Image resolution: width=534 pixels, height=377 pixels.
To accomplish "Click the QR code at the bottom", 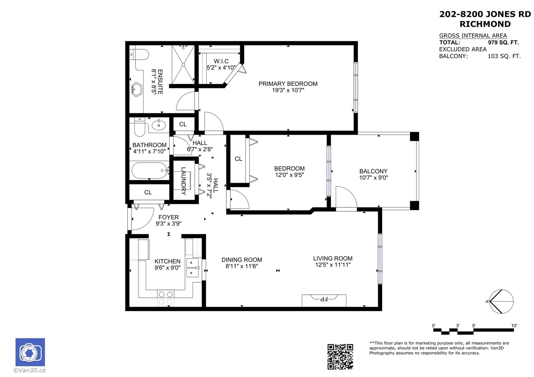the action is (x=340, y=357).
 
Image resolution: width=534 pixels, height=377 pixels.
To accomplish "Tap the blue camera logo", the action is (x=30, y=352).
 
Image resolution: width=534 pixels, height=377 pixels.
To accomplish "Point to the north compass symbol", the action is (x=501, y=302).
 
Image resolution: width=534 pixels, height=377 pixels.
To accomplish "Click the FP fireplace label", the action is (x=324, y=299).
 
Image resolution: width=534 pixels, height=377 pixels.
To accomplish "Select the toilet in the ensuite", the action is (x=139, y=55).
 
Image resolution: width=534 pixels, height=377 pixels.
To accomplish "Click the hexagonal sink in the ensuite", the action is (x=137, y=90).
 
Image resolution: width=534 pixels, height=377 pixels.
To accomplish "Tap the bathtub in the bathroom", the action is (x=150, y=170).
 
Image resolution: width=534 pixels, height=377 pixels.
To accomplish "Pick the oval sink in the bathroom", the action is (x=159, y=124).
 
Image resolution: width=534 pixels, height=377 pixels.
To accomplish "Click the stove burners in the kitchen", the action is (x=166, y=298).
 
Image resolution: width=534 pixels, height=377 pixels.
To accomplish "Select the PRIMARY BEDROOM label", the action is (x=288, y=84).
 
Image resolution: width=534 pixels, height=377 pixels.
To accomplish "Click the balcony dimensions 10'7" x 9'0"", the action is (x=373, y=177).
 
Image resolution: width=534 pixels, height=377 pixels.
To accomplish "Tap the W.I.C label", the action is (x=221, y=61).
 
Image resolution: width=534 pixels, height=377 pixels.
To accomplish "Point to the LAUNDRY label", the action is (x=183, y=181).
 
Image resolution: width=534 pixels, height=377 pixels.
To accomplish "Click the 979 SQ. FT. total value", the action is (x=503, y=42).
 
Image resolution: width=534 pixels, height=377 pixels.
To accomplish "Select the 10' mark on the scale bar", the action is (x=514, y=326).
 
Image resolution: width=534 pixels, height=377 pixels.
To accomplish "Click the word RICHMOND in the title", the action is (x=485, y=24).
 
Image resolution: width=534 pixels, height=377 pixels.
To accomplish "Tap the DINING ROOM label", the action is (x=242, y=260).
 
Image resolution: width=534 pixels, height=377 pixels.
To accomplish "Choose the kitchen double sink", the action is (x=193, y=268).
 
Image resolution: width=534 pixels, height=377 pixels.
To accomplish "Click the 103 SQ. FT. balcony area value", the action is (x=504, y=56).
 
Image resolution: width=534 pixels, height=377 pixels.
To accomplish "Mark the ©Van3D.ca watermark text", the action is (x=29, y=370).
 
